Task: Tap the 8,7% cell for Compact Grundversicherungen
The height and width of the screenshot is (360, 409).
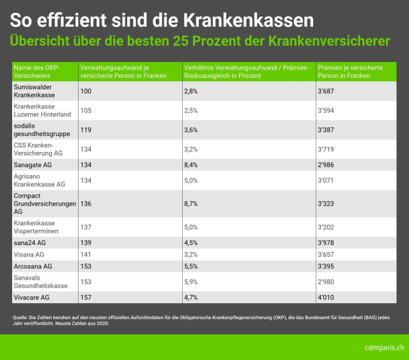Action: tap(191, 204)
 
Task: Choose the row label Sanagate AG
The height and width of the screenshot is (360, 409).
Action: tap(33, 165)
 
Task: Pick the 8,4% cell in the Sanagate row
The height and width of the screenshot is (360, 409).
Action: tap(191, 165)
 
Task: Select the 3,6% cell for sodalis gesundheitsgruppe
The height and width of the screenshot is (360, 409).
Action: tap(191, 130)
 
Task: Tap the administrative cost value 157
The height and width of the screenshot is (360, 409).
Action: tap(86, 297)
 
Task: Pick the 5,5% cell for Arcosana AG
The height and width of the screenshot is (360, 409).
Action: tap(191, 265)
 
